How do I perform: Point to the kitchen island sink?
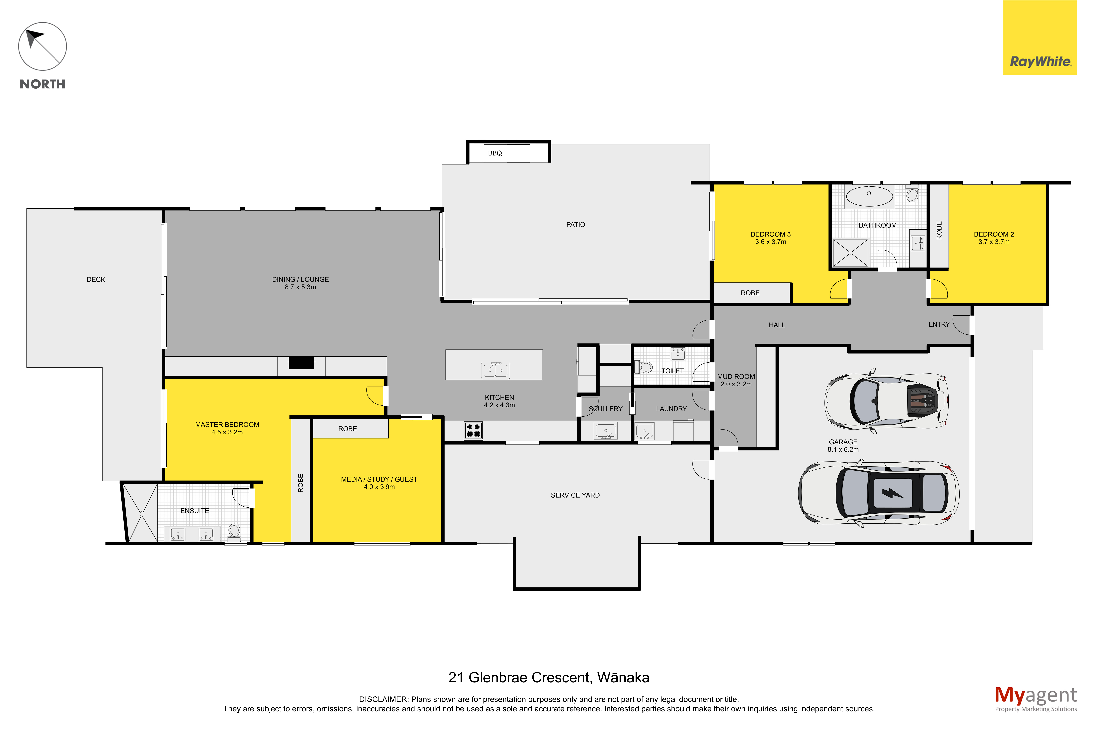495,370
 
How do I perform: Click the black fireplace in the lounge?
301,363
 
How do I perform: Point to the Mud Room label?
736,377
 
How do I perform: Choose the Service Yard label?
575,495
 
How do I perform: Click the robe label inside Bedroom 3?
750,293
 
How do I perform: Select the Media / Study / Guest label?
379,479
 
